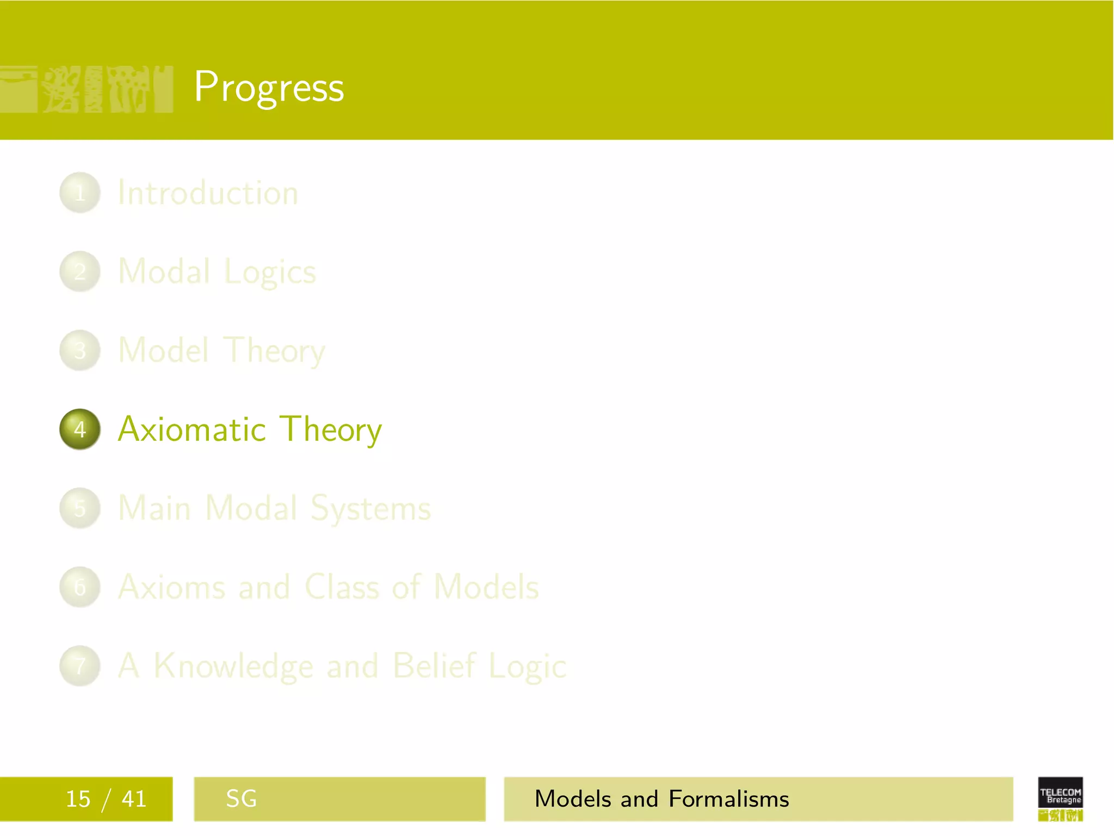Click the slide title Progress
tap(269, 87)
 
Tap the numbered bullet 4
tap(80, 429)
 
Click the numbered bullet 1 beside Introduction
tap(80, 193)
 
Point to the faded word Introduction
tap(208, 193)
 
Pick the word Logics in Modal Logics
tap(270, 272)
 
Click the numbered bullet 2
tap(80, 272)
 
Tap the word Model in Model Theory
tap(163, 350)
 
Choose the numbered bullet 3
tap(80, 351)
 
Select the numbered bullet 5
tap(80, 508)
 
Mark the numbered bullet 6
tap(80, 587)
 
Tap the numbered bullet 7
tap(80, 666)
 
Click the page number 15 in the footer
tap(78, 799)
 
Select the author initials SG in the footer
tap(241, 799)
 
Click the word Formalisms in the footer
tap(728, 799)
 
